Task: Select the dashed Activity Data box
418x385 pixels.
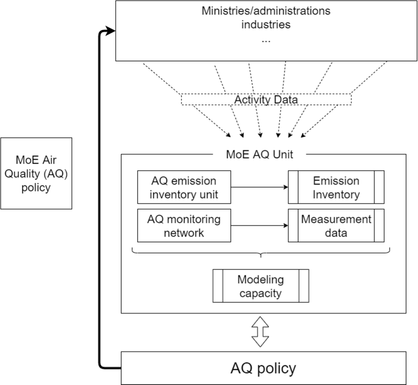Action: pos(266,100)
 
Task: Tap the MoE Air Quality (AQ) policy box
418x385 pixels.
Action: pos(36,173)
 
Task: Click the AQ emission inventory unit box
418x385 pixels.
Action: pos(184,187)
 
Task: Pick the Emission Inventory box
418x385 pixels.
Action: pos(336,187)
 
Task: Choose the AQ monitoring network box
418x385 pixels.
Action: pos(184,226)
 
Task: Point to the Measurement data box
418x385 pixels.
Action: pos(336,226)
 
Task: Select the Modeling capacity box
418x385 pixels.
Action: pos(260,286)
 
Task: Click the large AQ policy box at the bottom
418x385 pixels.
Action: pos(264,368)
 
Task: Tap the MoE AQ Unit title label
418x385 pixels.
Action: pos(259,155)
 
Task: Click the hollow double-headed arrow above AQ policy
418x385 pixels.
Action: pos(260,332)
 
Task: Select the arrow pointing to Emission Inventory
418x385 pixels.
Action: pos(259,187)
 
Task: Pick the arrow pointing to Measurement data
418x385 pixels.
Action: pos(259,226)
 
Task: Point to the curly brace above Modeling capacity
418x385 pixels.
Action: pos(261,253)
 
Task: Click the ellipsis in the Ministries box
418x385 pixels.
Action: pos(266,40)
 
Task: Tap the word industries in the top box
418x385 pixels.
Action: pos(266,25)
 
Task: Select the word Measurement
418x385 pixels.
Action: pos(336,219)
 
